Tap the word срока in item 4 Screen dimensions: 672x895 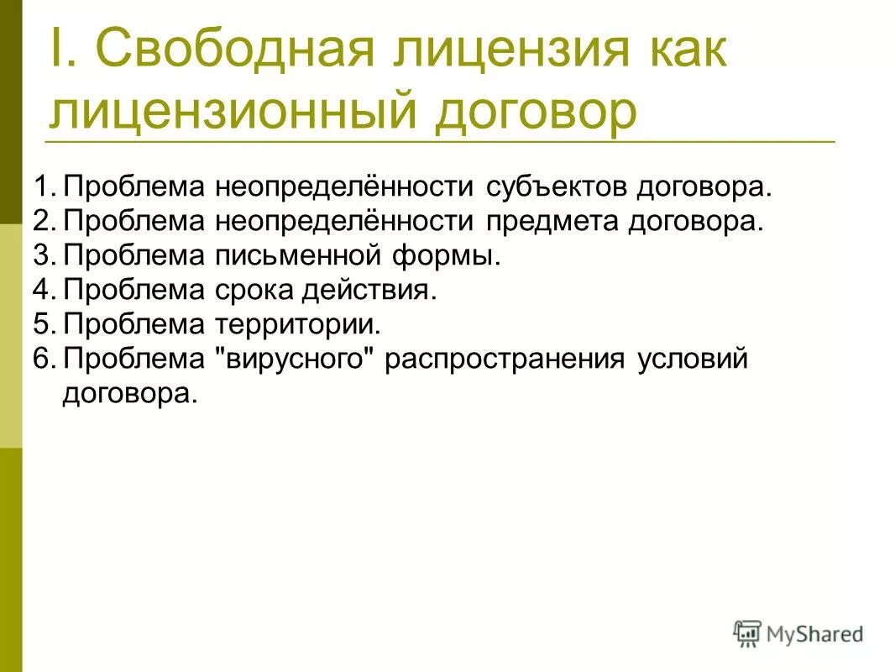click(x=256, y=290)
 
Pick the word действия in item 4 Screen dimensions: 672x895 click(x=378, y=290)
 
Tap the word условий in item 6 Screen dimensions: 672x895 click(x=692, y=359)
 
